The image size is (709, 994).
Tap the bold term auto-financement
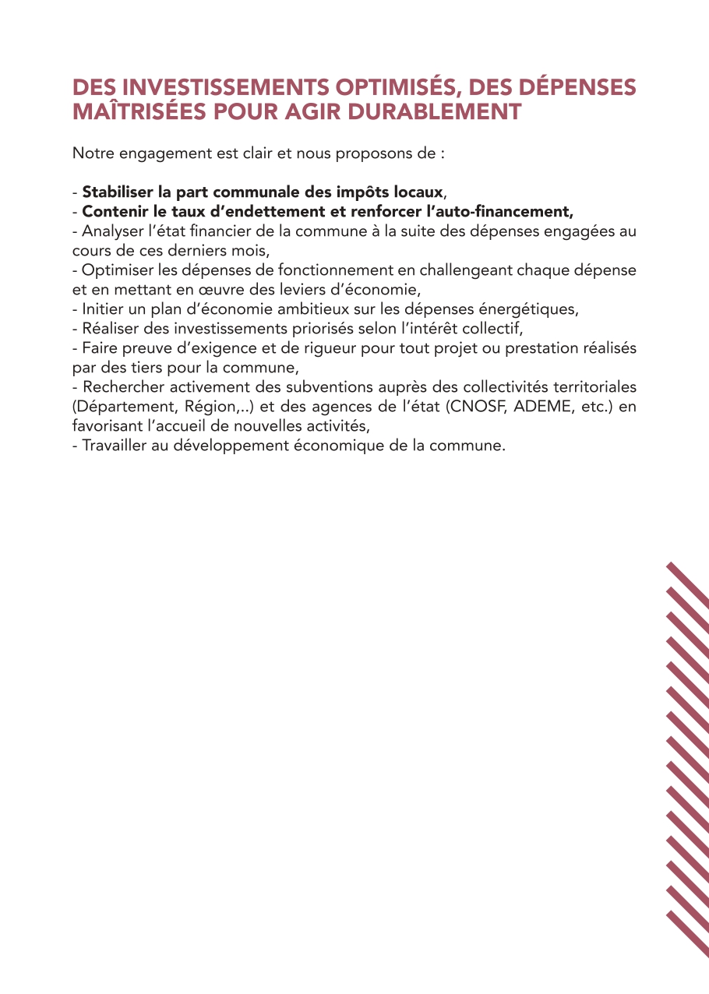coord(517,211)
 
